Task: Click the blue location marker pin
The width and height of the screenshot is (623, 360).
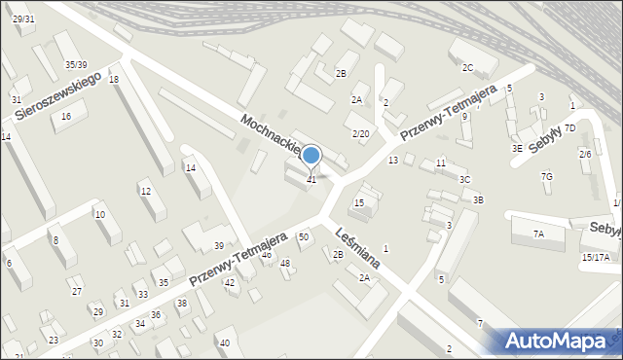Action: tap(311, 156)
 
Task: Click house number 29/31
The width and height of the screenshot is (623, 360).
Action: tap(23, 19)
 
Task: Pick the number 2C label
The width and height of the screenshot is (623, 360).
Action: tap(467, 67)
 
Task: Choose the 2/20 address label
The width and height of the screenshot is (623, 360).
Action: tap(360, 133)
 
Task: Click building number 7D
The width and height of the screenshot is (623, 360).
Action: tap(570, 127)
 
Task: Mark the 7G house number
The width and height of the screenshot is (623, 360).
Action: tap(547, 176)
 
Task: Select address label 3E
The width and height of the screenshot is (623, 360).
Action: tap(518, 148)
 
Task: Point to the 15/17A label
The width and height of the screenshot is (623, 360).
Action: tap(596, 257)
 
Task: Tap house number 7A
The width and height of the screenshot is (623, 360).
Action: tap(538, 234)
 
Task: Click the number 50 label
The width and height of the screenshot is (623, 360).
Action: tap(304, 236)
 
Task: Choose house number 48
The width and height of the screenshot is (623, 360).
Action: tap(285, 264)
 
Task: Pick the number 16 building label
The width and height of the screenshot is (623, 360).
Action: tap(66, 117)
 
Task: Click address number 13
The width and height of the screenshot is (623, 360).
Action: tap(393, 160)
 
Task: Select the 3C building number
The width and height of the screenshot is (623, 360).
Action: tap(465, 180)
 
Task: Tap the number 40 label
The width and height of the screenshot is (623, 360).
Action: tap(224, 342)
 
